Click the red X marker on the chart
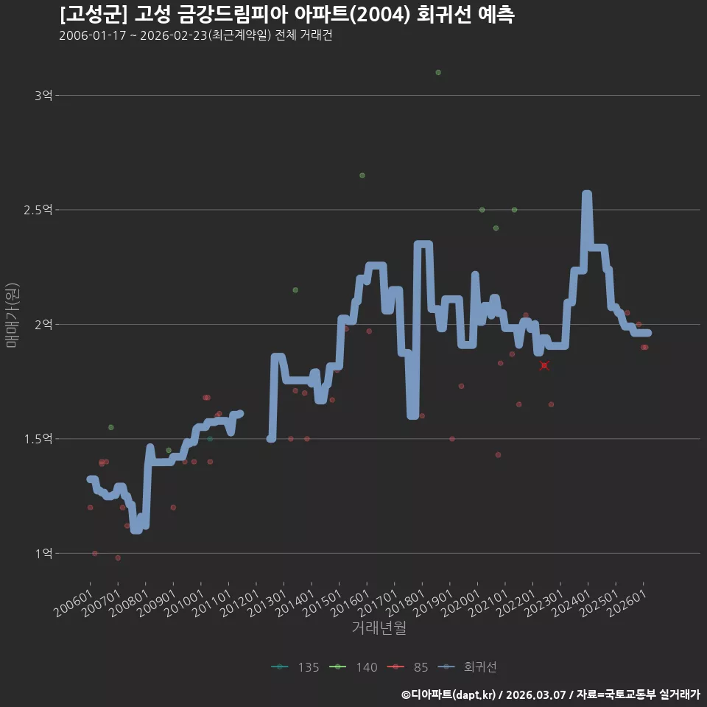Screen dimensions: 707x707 coord(544,365)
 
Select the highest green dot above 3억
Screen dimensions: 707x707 coord(438,73)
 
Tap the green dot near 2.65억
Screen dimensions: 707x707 coord(362,175)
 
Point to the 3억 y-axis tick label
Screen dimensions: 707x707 coord(43,96)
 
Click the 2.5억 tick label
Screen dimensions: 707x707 coord(38,210)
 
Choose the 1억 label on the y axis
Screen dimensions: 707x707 coord(44,553)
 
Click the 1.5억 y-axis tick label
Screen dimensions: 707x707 coord(38,439)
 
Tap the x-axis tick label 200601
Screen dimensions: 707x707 coord(74,603)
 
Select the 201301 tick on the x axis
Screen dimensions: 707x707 coord(267,603)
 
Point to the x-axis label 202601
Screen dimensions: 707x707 coord(627,603)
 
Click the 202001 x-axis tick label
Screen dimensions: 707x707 coord(461,603)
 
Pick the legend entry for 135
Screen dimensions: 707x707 coord(295,667)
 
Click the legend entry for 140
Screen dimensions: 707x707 coord(353,667)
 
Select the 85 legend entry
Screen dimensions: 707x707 coord(407,667)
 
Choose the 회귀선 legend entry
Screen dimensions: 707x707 coord(467,667)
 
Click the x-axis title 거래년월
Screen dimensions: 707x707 coord(379,627)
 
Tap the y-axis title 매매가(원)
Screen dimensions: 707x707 coord(12,315)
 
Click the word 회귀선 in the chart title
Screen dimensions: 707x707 coord(443,15)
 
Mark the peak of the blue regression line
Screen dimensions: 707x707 coord(587,194)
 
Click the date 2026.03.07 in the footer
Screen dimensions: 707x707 coord(535,694)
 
